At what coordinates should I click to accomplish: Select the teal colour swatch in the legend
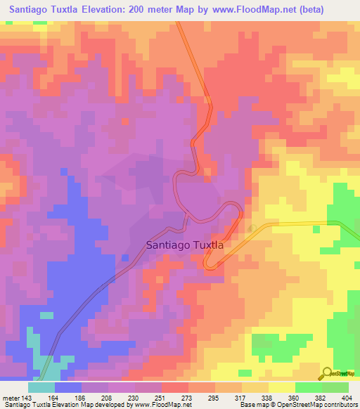click(x=41, y=387)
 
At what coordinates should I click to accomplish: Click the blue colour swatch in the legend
click(x=68, y=387)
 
